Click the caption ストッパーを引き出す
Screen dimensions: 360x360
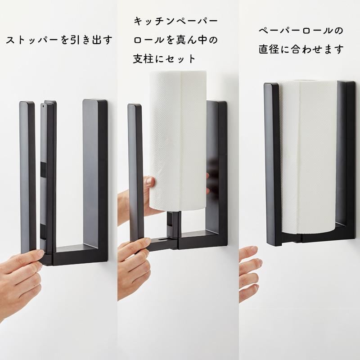[x=58, y=40]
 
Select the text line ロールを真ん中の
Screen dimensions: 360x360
[x=175, y=40]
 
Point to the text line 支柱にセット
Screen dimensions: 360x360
[x=165, y=58]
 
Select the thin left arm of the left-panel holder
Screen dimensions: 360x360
[x=27, y=180]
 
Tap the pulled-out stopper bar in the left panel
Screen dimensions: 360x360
[x=48, y=180]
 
